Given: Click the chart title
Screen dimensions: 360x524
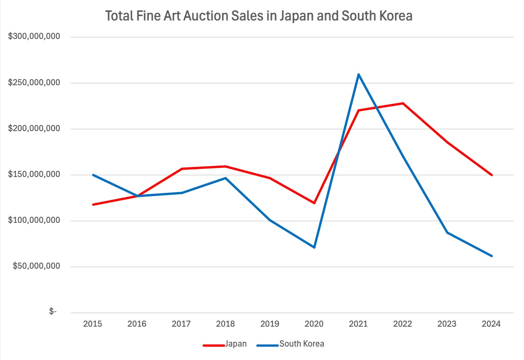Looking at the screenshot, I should tap(259, 16).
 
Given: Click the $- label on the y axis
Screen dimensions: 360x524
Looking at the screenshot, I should tap(53, 312).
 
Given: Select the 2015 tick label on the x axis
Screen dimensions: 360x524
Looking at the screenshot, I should tap(93, 324).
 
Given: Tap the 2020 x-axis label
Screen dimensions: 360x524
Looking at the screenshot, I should tap(314, 324).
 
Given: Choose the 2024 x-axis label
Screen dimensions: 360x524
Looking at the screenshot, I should tap(492, 324).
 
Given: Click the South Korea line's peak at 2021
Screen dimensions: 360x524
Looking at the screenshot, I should tap(359, 74).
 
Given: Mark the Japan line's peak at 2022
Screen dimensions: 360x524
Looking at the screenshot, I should tap(403, 103).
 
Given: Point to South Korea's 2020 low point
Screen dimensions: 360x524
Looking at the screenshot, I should tap(314, 247).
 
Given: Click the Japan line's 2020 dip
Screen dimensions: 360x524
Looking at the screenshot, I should tap(314, 203).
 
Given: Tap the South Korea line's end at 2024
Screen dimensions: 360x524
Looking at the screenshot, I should tap(492, 256).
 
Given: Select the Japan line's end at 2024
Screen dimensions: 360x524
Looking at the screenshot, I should tap(492, 175).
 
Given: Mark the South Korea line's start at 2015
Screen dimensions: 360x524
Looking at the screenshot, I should tap(93, 175).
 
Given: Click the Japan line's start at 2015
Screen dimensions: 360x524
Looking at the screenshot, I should tap(93, 204).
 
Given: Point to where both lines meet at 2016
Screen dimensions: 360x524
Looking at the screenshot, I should tap(137, 196).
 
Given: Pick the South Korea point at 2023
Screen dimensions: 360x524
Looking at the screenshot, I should tap(447, 233).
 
